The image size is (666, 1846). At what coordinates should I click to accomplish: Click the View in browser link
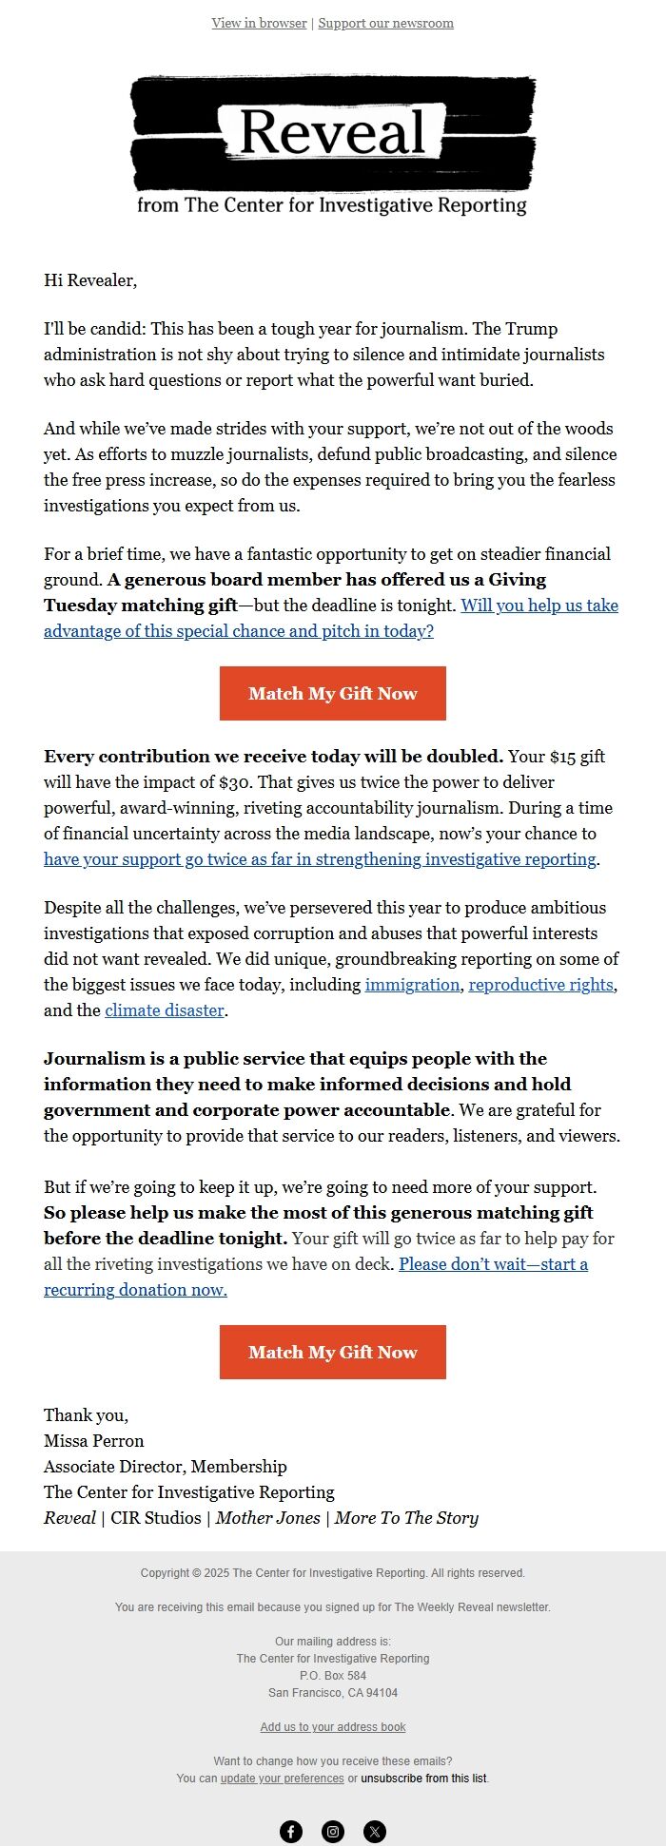[259, 23]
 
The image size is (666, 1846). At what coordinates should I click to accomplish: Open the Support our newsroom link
[385, 23]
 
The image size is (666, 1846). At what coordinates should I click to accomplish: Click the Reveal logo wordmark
[332, 133]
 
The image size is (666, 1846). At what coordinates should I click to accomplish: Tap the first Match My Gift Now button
[333, 694]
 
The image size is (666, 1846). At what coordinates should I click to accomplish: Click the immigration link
[412, 985]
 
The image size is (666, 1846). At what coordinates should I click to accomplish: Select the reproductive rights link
[540, 985]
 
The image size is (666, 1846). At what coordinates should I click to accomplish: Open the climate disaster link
[165, 1010]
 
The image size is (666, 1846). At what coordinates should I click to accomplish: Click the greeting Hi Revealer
[90, 280]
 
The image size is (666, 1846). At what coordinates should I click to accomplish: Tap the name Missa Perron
[94, 1441]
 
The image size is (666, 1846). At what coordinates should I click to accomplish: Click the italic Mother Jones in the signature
[267, 1518]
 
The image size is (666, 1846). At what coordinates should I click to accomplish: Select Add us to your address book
[333, 1727]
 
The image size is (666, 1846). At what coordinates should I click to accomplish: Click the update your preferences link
[282, 1779]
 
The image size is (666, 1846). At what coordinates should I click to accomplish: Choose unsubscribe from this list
[423, 1779]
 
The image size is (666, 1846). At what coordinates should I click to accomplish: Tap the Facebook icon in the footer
[291, 1832]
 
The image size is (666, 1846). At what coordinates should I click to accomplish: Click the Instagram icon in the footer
[333, 1832]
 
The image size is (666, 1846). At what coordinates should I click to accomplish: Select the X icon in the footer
[375, 1832]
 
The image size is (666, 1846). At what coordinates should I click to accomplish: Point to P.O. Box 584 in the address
[333, 1676]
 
